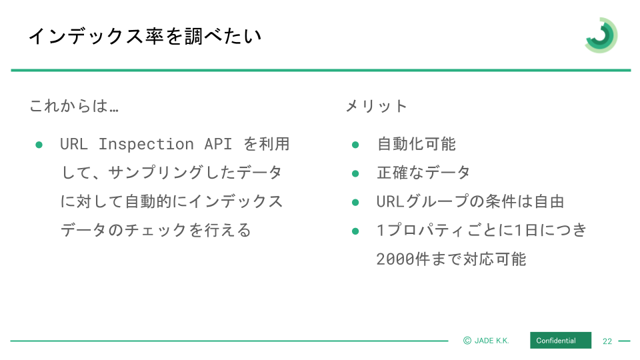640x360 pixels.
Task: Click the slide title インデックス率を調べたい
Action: click(x=145, y=36)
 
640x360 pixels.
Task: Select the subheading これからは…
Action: click(x=74, y=106)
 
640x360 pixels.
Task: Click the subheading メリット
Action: click(x=376, y=106)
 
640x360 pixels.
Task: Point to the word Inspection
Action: click(x=146, y=144)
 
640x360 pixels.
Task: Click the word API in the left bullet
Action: click(x=218, y=144)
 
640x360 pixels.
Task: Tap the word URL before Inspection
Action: click(x=74, y=144)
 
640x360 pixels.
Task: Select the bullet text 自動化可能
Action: click(x=416, y=144)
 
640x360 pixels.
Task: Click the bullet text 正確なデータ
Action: click(x=423, y=173)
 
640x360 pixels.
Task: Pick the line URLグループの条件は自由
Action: click(x=470, y=201)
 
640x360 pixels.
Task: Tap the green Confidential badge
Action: click(x=561, y=341)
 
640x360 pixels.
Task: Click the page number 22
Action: click(x=607, y=341)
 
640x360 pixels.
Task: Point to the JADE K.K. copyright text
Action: click(x=486, y=341)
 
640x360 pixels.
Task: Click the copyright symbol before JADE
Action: click(x=467, y=341)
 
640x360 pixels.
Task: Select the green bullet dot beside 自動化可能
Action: click(x=355, y=145)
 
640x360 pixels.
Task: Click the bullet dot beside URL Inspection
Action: click(x=39, y=145)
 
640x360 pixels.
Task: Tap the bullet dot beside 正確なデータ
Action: click(x=355, y=173)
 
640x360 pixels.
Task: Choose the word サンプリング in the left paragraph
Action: click(x=155, y=173)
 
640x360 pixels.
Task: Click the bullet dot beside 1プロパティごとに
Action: click(x=355, y=231)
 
